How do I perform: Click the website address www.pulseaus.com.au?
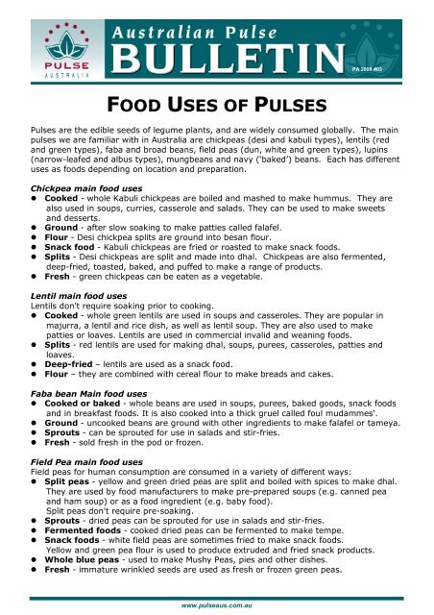217,607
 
